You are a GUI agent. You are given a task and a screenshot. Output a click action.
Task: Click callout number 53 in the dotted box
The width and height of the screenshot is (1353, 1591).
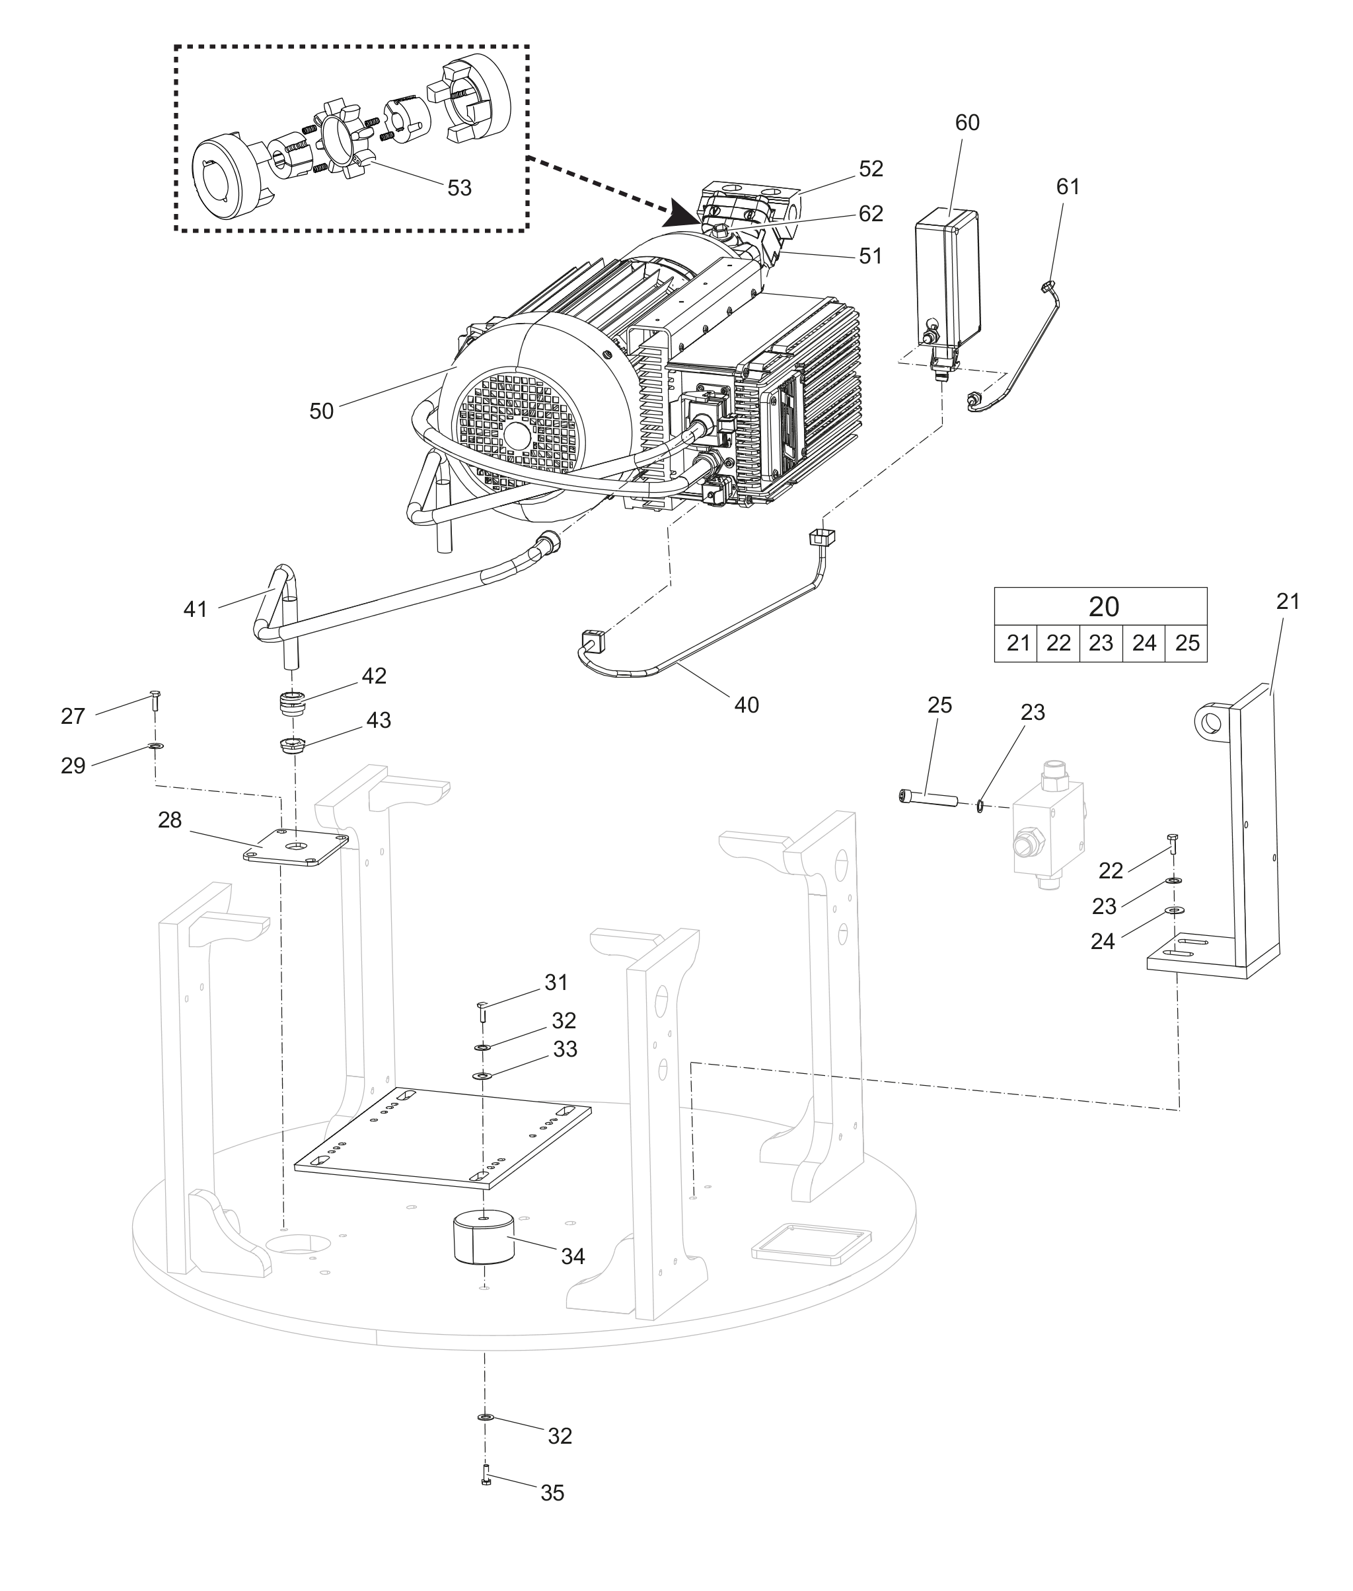tap(459, 188)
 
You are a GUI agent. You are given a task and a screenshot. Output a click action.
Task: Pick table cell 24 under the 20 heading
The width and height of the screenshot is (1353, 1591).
tap(1144, 643)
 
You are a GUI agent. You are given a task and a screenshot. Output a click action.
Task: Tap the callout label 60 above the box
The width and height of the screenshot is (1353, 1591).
tap(967, 123)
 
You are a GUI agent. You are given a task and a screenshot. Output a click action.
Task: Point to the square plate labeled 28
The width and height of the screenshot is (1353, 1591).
tap(296, 847)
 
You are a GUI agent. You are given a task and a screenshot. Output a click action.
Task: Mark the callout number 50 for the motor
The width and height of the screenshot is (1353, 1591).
tap(321, 411)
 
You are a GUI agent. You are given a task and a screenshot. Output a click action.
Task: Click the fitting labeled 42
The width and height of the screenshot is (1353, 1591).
tap(292, 703)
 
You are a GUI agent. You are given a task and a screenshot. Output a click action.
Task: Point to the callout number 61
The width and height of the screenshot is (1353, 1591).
tap(1068, 186)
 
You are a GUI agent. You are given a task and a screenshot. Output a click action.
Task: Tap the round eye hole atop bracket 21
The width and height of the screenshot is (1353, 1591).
tap(1211, 721)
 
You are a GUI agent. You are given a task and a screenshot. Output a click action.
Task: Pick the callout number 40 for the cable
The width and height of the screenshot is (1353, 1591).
tap(747, 705)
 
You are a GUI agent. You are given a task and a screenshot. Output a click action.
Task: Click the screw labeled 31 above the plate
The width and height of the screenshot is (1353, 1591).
tap(482, 1010)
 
